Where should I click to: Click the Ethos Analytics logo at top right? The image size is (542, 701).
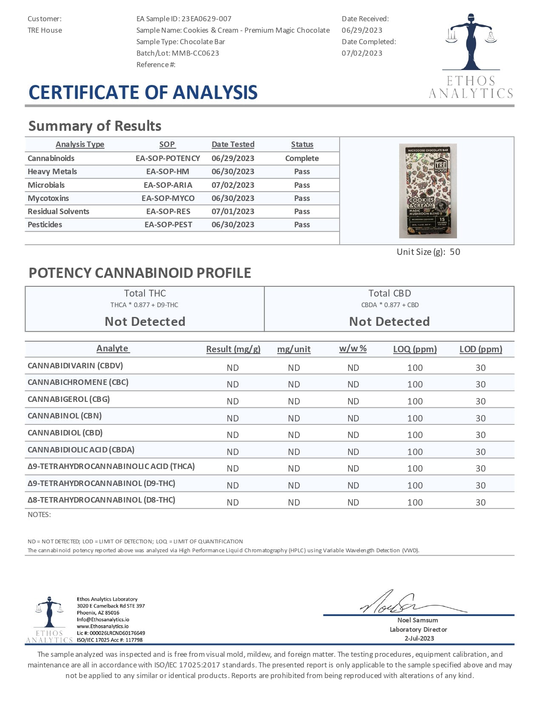[471, 55]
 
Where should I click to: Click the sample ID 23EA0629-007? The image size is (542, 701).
[206, 19]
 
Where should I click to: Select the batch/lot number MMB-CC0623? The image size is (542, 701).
[196, 53]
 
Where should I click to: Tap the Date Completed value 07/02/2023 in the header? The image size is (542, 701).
[362, 53]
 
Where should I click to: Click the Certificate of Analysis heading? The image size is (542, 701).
[143, 93]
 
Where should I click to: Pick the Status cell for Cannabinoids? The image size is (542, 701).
[302, 158]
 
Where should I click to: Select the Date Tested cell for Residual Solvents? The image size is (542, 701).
[233, 211]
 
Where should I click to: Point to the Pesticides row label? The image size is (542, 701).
[45, 224]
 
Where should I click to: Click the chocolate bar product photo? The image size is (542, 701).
[428, 191]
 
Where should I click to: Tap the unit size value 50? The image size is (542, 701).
[455, 252]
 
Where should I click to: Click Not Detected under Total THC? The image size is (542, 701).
[145, 322]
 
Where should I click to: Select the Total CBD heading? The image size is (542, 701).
[389, 293]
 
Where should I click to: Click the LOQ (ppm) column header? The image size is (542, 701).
[415, 349]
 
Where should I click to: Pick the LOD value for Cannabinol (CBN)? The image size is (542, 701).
[480, 418]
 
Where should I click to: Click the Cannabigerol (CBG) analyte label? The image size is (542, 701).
[69, 399]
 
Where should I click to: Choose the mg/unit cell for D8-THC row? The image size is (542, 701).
[294, 502]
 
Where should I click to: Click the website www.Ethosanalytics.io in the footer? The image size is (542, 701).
[102, 626]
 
